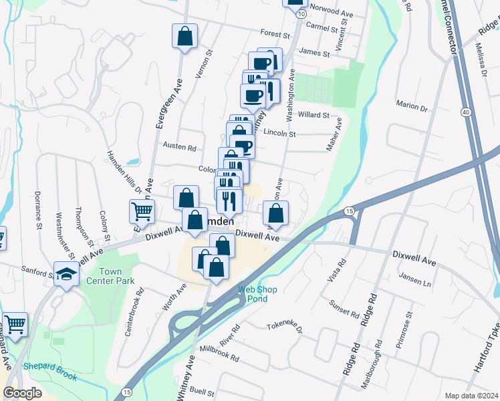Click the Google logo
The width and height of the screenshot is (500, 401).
(x=23, y=393)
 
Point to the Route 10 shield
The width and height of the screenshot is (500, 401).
(x=303, y=14)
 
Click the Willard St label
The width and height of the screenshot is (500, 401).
(x=314, y=114)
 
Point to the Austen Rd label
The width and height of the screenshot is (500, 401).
(x=178, y=146)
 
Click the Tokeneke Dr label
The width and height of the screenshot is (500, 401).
(x=285, y=329)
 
